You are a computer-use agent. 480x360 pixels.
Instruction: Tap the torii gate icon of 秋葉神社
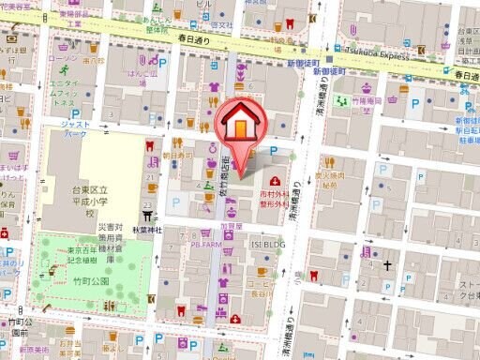pyautogui.click(x=148, y=212)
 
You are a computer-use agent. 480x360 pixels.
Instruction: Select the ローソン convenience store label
pyautogui.click(x=63, y=58)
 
